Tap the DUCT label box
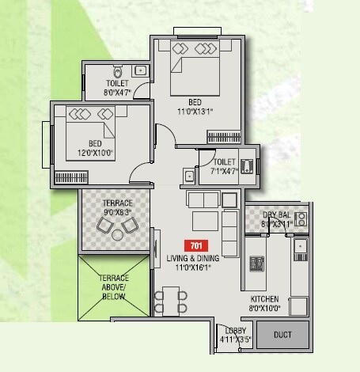pyautogui.click(x=282, y=334)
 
